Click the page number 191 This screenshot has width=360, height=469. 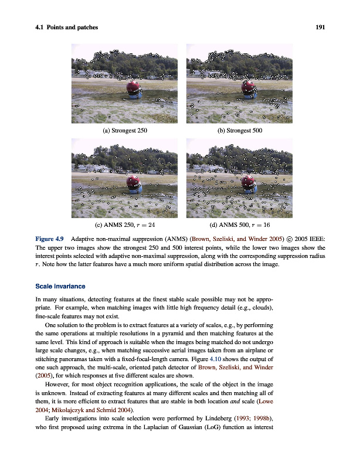pyautogui.click(x=320, y=28)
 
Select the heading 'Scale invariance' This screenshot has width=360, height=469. pyautogui.click(x=61, y=286)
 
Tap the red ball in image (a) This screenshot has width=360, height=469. pyautogui.click(x=134, y=87)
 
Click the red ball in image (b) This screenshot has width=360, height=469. pyautogui.click(x=249, y=87)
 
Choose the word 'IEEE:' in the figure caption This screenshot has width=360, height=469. pyautogui.click(x=316, y=239)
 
